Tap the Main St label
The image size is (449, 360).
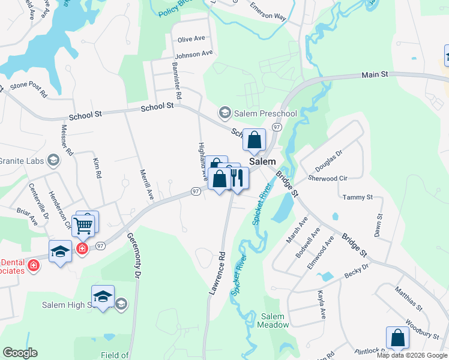(x=375, y=74)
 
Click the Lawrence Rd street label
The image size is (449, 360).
(x=217, y=272)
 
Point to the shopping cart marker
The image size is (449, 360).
(x=84, y=226)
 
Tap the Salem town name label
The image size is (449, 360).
(x=263, y=162)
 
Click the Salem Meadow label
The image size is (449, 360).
(x=273, y=320)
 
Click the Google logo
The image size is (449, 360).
(x=20, y=353)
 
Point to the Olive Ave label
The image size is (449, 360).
(x=191, y=39)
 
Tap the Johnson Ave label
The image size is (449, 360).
(x=194, y=53)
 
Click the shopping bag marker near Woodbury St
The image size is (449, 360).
(x=397, y=338)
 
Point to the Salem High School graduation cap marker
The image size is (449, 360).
(x=103, y=296)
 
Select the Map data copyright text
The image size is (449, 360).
(x=411, y=355)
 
